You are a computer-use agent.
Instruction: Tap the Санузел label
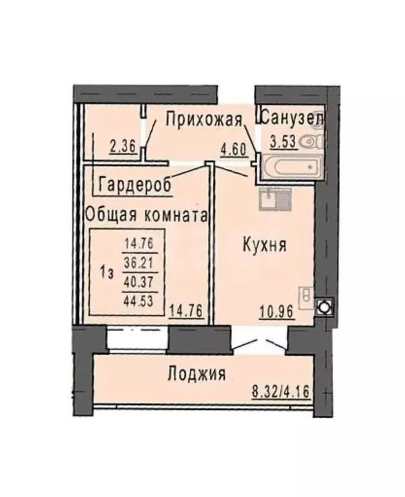coord(291,118)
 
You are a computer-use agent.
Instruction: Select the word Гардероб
coord(136,185)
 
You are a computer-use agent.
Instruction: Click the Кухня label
coord(265,245)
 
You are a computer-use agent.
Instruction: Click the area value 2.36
coord(122,146)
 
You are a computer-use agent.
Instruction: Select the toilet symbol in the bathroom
coord(313,140)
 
